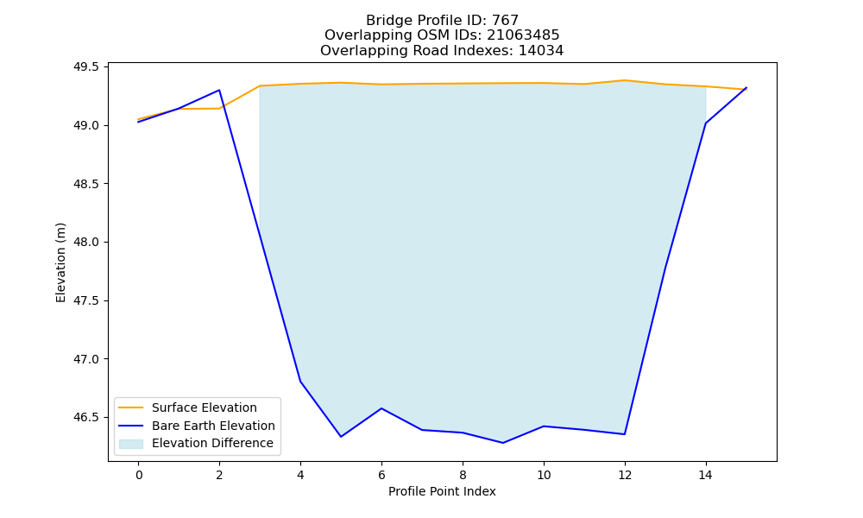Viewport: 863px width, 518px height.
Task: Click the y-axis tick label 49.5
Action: click(86, 67)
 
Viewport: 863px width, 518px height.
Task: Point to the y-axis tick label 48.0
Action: click(86, 243)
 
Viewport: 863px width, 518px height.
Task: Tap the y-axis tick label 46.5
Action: click(86, 417)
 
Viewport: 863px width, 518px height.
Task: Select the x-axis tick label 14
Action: click(705, 475)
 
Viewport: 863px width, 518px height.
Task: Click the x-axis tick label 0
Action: click(139, 475)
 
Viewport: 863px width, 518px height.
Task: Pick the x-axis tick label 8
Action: click(463, 475)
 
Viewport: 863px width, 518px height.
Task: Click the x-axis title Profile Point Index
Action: click(442, 491)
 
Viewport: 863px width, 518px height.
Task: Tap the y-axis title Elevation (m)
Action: click(60, 262)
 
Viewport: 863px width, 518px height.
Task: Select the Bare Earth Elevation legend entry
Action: click(197, 426)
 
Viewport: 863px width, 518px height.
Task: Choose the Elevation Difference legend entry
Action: click(197, 443)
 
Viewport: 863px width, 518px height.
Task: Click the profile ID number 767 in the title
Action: click(505, 21)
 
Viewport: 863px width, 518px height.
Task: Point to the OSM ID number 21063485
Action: click(523, 35)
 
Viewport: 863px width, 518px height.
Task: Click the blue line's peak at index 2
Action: click(219, 90)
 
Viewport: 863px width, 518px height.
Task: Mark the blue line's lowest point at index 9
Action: click(503, 443)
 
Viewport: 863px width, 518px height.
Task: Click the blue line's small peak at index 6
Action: click(381, 408)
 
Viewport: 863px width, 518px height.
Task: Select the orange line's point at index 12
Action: click(625, 80)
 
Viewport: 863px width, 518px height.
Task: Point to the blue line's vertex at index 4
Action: click(300, 381)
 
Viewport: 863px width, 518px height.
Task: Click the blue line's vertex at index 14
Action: click(706, 123)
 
